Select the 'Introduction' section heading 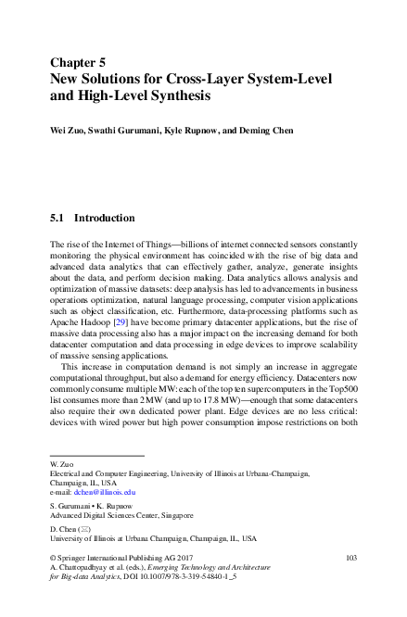(105, 219)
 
